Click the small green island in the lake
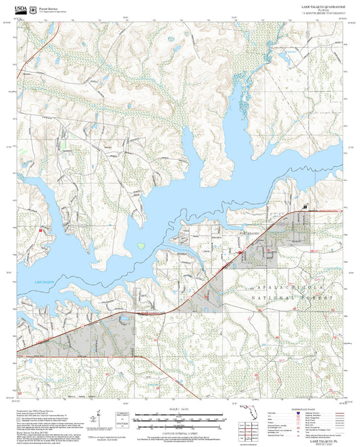(141, 245)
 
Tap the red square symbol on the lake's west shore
(42, 230)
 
